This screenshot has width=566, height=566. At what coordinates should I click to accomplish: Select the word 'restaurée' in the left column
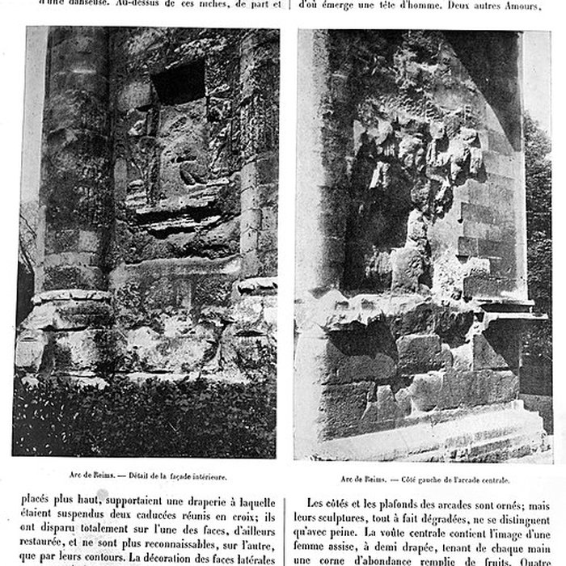point(46,543)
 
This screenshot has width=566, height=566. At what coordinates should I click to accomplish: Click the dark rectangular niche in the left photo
point(178,82)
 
